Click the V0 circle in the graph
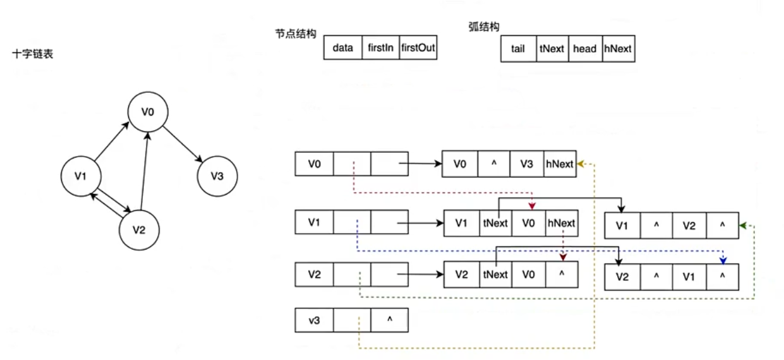pyautogui.click(x=148, y=112)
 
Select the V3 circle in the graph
pyautogui.click(x=217, y=176)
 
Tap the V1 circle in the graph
pyautogui.click(x=81, y=176)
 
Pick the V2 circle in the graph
pyautogui.click(x=140, y=229)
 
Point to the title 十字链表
pyautogui.click(x=32, y=54)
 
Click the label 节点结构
pyautogui.click(x=295, y=34)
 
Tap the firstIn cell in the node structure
pyautogui.click(x=380, y=48)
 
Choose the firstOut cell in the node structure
pyautogui.click(x=418, y=48)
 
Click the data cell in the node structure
pyautogui.click(x=342, y=48)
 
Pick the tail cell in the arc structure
pyautogui.click(x=518, y=49)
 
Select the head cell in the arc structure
pyautogui.click(x=584, y=49)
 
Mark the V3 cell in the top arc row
pyautogui.click(x=526, y=164)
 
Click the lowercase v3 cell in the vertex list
pyautogui.click(x=314, y=320)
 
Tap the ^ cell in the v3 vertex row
pyautogui.click(x=389, y=320)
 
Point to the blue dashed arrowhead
pyautogui.click(x=723, y=260)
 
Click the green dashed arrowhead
pyautogui.click(x=743, y=225)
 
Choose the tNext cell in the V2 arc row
pyautogui.click(x=495, y=275)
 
